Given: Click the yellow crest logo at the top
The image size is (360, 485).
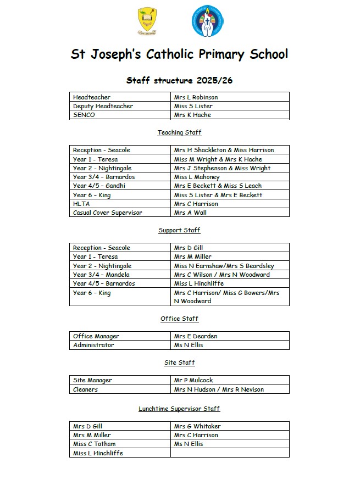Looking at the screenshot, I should click(146, 21).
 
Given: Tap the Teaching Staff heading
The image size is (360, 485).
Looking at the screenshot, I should click(179, 132).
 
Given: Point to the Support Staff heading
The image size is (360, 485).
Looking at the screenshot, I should click(179, 230).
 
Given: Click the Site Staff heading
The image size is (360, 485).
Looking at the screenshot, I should click(179, 363).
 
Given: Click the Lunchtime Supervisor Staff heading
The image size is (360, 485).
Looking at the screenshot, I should click(179, 409).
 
